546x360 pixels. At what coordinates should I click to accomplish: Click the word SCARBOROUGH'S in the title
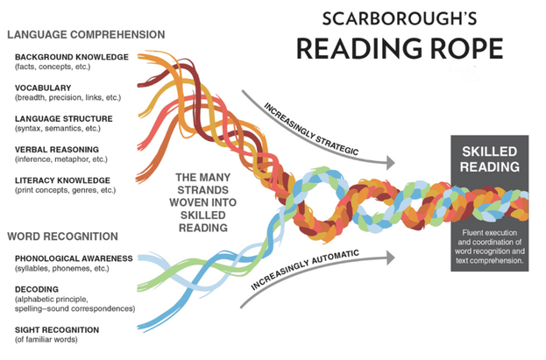click(x=399, y=18)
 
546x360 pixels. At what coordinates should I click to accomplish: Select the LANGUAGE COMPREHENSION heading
click(x=86, y=34)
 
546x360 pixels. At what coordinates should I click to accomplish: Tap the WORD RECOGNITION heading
click(x=63, y=236)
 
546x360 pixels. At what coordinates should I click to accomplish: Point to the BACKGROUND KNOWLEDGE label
click(x=72, y=57)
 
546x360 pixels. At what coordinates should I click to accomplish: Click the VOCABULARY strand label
click(x=43, y=88)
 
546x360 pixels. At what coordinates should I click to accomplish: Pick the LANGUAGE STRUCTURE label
click(x=64, y=119)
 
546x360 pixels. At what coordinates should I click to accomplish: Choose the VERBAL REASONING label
click(x=57, y=150)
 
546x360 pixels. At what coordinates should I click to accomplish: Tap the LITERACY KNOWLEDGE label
click(x=62, y=180)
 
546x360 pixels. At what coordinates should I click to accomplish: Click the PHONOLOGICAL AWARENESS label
click(x=74, y=258)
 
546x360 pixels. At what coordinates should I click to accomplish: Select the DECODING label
click(x=37, y=289)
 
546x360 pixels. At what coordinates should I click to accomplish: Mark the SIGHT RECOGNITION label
click(x=57, y=329)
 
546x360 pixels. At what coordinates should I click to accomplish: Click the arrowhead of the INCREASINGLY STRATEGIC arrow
click(x=391, y=163)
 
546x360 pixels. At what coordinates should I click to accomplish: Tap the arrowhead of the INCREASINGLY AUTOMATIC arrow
click(x=391, y=258)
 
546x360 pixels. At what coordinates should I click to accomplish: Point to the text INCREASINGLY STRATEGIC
click(x=311, y=129)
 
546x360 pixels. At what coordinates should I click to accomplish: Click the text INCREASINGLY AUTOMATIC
click(x=305, y=270)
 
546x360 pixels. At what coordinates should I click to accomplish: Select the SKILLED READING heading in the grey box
click(x=490, y=159)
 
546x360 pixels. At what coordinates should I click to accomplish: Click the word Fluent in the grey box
click(x=472, y=233)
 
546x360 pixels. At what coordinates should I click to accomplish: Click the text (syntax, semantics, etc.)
click(x=58, y=129)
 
